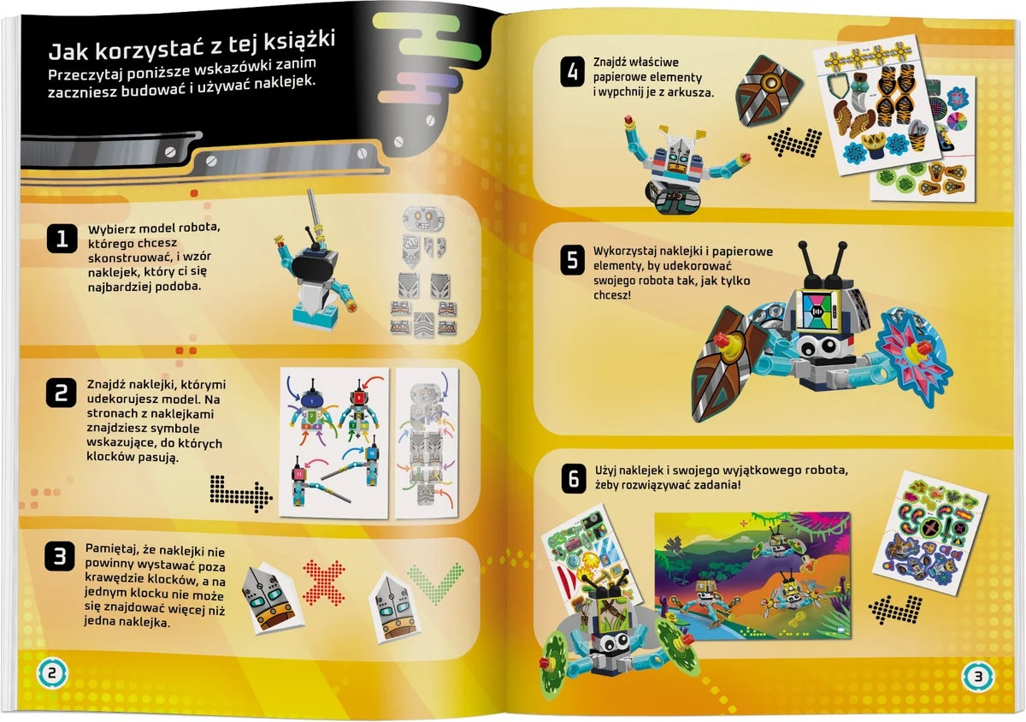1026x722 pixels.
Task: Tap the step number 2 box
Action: tap(61, 393)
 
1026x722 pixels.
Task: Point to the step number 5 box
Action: tap(572, 261)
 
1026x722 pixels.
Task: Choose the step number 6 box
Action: tap(572, 479)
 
